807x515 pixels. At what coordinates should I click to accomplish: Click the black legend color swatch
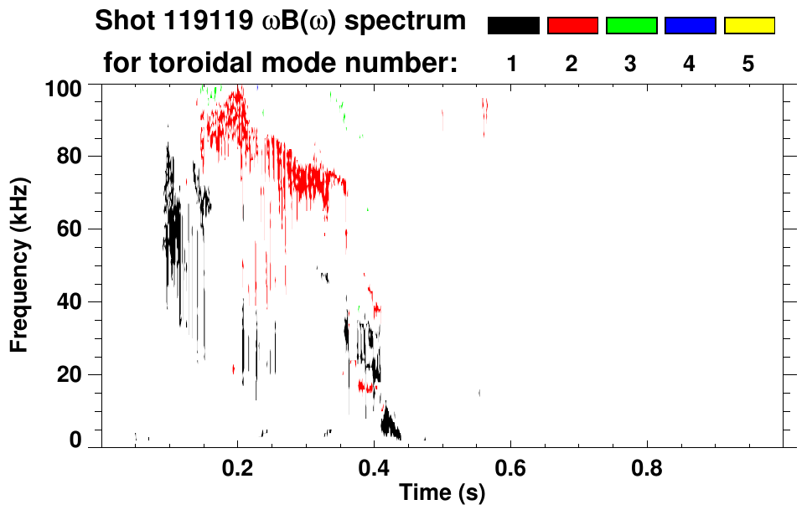514,26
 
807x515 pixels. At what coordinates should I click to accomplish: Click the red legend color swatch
572,26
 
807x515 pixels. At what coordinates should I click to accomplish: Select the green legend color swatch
631,26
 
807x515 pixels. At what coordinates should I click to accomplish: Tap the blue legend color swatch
690,26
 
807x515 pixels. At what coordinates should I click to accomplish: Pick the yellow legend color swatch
749,26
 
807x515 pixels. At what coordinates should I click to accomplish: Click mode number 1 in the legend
513,64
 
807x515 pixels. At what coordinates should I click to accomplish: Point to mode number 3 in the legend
631,64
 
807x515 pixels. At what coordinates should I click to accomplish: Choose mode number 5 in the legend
748,64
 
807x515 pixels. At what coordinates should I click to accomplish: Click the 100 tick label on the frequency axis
64,87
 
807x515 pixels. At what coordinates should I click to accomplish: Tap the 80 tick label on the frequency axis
70,157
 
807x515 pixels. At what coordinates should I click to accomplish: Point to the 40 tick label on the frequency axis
70,302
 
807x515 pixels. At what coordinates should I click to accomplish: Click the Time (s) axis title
442,493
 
